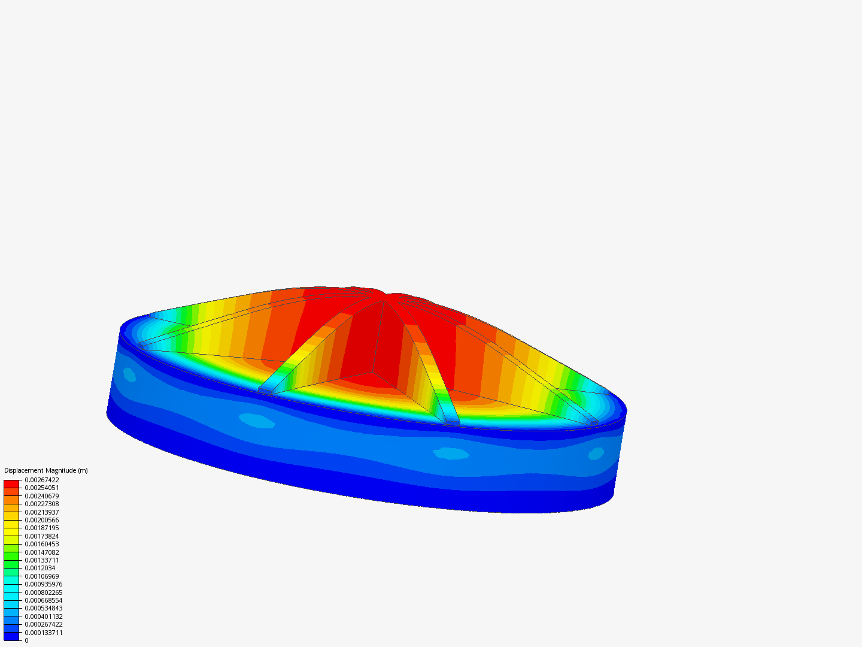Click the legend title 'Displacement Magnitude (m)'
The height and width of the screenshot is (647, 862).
(46, 470)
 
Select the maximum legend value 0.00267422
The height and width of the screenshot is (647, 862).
(42, 480)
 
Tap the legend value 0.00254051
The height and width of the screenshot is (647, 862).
(42, 488)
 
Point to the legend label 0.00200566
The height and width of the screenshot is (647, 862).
(42, 520)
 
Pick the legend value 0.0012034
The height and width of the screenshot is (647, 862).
(40, 568)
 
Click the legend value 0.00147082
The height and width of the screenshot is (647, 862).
(42, 552)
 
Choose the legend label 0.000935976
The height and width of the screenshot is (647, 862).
(44, 584)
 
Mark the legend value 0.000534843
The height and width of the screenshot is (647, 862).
(44, 608)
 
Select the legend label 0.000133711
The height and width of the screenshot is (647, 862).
(44, 633)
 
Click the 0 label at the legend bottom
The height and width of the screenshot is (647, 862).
(27, 640)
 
